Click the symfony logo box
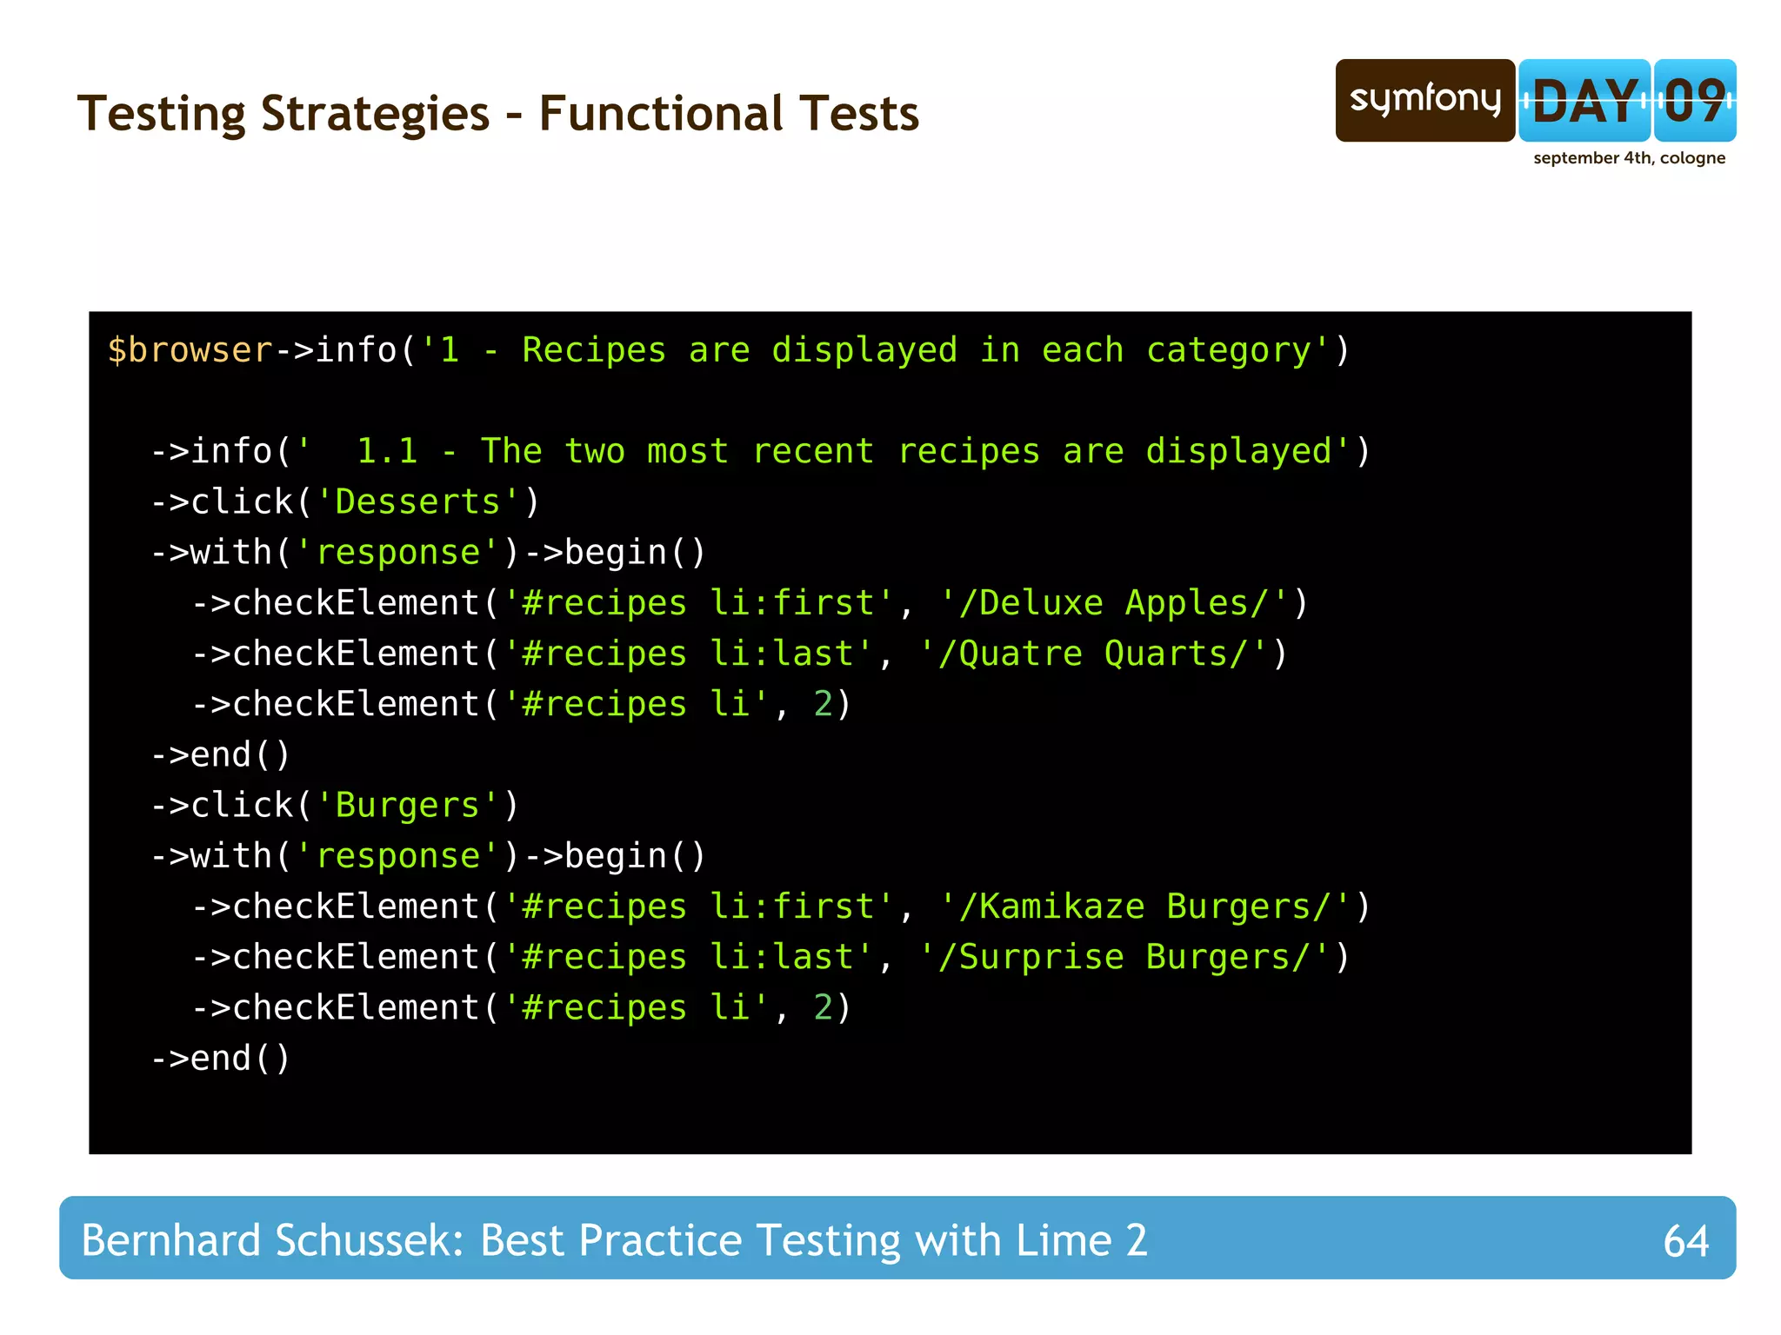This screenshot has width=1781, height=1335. tap(1424, 100)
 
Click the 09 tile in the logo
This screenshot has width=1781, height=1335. tap(1694, 101)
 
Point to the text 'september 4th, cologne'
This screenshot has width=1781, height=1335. tap(1629, 158)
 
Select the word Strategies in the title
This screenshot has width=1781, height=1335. tap(375, 114)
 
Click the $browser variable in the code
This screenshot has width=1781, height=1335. tap(190, 350)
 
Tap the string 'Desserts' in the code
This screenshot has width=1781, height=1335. tap(417, 502)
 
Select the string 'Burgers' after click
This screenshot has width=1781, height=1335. tap(407, 806)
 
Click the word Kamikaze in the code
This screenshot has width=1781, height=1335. tap(1062, 907)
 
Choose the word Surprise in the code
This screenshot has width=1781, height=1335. tap(1041, 957)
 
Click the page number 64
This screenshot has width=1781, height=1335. tap(1685, 1240)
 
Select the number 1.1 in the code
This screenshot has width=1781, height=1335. tap(387, 451)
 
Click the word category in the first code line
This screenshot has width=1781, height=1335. tap(1228, 350)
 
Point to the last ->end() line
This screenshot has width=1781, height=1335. tap(221, 1059)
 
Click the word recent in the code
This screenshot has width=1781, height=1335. tap(812, 451)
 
